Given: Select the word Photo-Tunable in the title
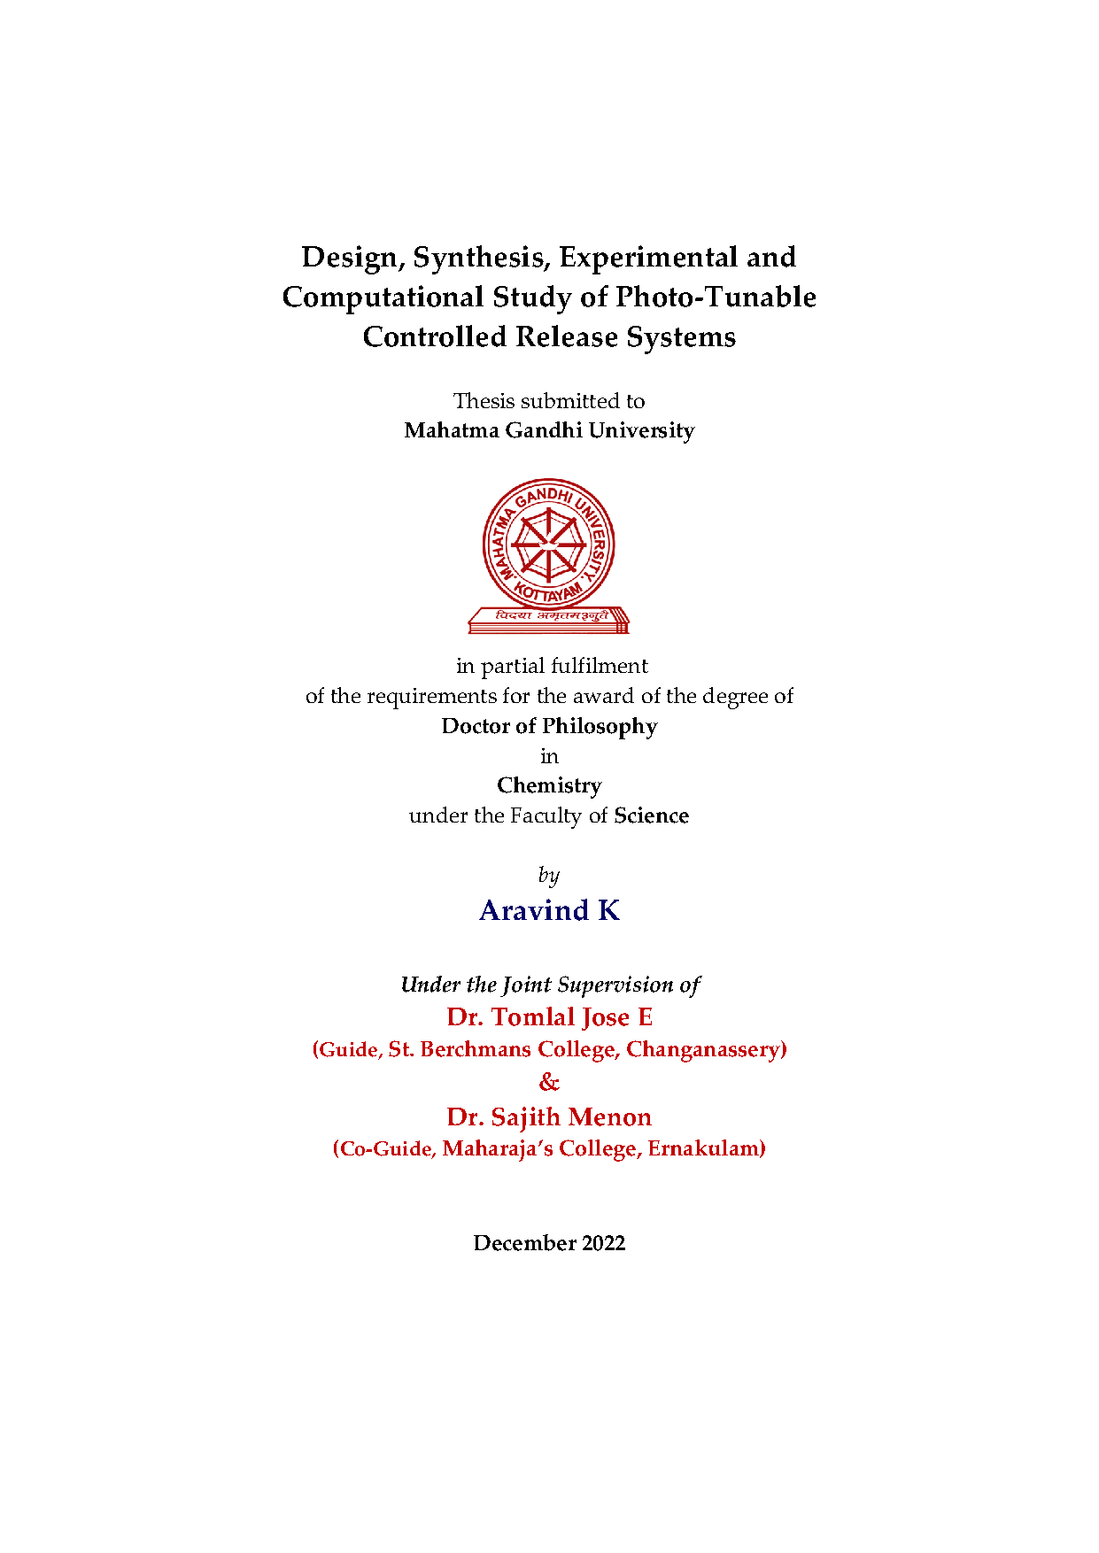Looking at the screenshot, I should tap(716, 297).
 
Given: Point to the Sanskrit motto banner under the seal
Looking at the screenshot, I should tap(549, 618).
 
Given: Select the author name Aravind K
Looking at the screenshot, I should tap(549, 910).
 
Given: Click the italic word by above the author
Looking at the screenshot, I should tap(549, 876).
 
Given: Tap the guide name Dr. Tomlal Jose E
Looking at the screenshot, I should tap(549, 1017).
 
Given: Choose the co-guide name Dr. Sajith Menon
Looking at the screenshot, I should tap(549, 1117).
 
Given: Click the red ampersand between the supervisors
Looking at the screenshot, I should tap(549, 1082).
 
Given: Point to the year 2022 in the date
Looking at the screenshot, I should tap(603, 1243).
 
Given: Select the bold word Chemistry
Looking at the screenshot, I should tap(549, 785).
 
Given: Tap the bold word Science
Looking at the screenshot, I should tap(651, 815).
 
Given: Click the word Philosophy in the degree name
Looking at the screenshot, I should tap(600, 726).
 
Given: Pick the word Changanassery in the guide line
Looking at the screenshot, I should tap(705, 1050).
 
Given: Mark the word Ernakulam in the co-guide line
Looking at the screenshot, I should tap(706, 1149).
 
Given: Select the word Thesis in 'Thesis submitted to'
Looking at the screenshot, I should tap(484, 401).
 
